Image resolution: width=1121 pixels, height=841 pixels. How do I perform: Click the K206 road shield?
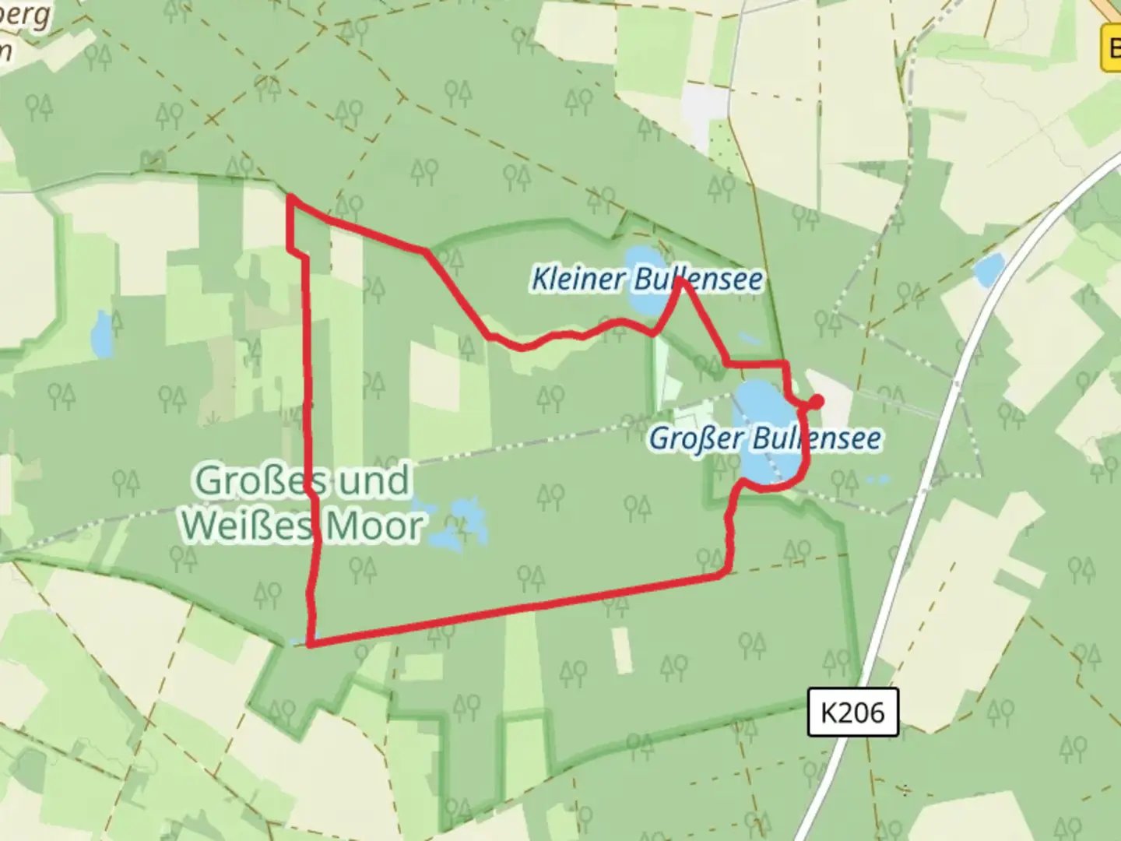(852, 712)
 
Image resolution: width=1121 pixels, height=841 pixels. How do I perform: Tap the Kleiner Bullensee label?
(646, 279)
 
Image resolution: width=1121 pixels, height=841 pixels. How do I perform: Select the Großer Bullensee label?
(765, 438)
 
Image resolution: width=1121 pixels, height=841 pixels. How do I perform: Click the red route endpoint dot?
(817, 401)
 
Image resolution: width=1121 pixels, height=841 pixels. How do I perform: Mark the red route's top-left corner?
(290, 198)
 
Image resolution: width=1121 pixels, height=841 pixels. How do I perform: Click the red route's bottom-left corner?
(311, 644)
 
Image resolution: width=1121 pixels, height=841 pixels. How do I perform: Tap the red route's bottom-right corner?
(726, 574)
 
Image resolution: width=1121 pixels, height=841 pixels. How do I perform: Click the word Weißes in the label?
(248, 526)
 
